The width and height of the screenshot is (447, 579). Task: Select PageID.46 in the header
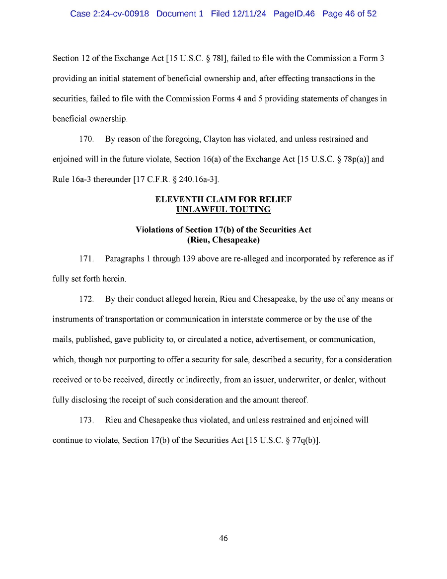[294, 14]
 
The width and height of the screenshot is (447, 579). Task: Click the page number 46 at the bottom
[223, 538]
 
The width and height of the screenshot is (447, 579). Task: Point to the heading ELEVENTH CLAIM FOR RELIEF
[223, 199]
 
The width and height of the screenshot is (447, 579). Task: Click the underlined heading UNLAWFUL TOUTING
[223, 209]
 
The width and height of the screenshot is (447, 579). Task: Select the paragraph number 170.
[86, 139]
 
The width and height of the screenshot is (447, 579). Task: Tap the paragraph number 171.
[86, 259]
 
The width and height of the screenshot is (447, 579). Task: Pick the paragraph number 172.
[86, 299]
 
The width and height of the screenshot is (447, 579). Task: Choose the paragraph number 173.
[86, 420]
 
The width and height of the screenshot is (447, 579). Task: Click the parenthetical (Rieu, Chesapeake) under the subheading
[223, 240]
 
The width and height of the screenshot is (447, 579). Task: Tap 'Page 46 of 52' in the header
[349, 14]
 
